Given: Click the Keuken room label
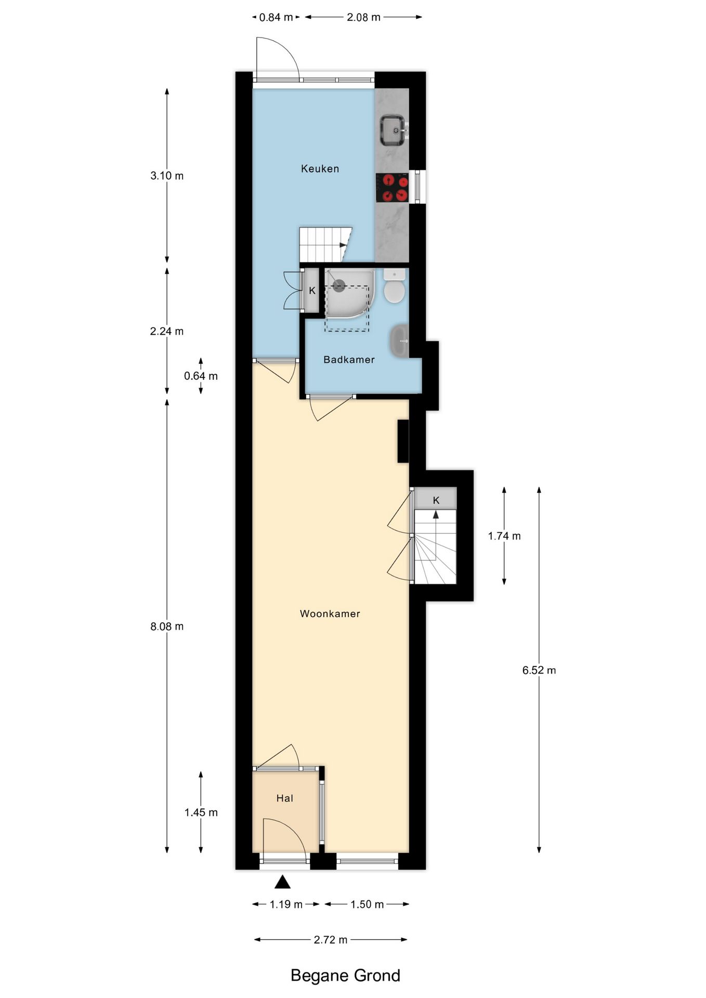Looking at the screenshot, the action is pos(320,168).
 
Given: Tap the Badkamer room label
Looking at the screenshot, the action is pos(349,359).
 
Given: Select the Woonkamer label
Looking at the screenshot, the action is pos(330,613).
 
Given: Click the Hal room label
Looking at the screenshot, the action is pos(284,798).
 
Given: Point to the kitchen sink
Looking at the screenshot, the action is pos(394,130).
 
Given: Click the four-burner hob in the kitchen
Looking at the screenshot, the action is pos(393,188).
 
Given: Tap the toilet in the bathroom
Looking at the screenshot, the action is pos(395,285).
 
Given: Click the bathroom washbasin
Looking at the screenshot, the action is pos(399,341).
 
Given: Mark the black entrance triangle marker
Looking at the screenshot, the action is pos(282,882).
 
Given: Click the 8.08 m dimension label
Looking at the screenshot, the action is pos(167,626).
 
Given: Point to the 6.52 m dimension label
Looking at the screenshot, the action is pos(539,670).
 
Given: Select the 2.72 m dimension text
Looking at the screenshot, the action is pos(331,939).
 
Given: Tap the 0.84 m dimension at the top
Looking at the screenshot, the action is pos(276,17).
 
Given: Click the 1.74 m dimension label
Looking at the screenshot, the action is pos(504,536).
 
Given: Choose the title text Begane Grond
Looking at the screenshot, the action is pos(345,975).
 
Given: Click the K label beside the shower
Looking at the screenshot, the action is pos(312,291).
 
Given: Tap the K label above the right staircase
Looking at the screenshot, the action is pos(436,500).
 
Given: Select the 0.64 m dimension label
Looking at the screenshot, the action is pos(201,376).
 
